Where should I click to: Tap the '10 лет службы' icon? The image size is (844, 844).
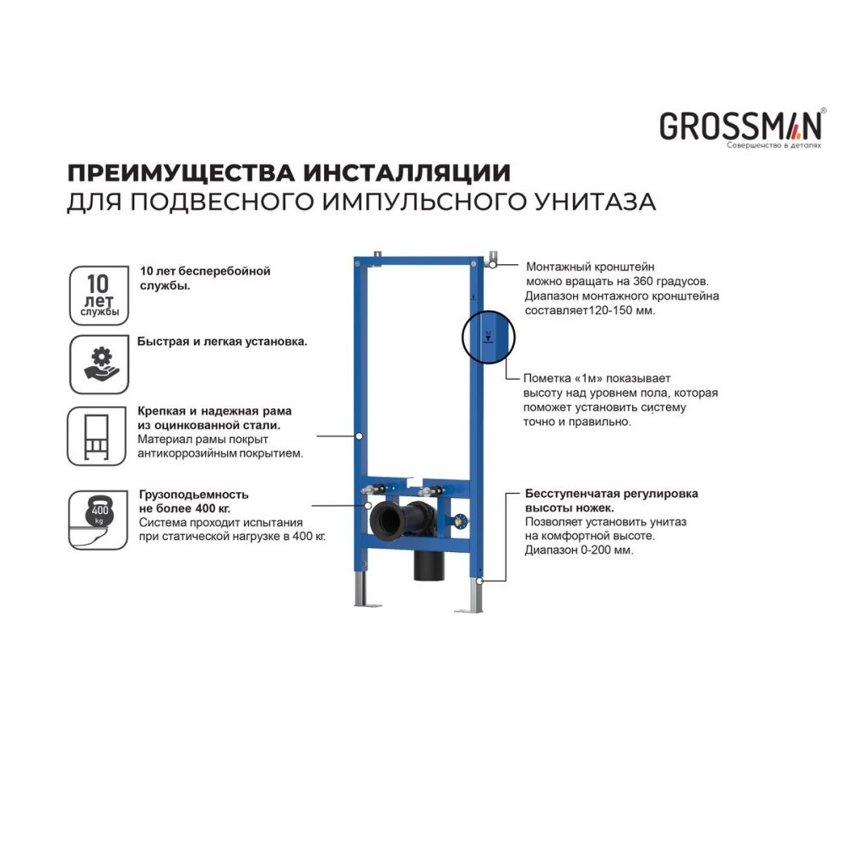[99, 295]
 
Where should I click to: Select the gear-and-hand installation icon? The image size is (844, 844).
[99, 365]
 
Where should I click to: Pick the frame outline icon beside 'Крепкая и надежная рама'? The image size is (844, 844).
[97, 436]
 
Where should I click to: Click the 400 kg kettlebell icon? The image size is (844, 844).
[99, 520]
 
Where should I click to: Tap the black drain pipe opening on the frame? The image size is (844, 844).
[386, 519]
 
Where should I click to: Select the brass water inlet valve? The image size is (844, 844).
[459, 521]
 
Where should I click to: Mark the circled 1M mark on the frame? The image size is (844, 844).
[489, 338]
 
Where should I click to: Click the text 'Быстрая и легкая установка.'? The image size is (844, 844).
[222, 341]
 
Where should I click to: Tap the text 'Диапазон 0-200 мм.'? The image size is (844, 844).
[579, 550]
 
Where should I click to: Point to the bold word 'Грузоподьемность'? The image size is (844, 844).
[194, 494]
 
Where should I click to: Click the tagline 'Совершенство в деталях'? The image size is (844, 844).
[774, 145]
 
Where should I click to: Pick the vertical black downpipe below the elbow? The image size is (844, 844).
[429, 566]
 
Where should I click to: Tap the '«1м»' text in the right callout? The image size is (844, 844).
[587, 378]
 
